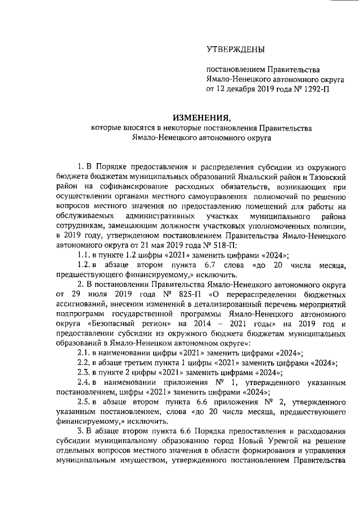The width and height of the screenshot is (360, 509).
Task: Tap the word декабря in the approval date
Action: click(x=240, y=89)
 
